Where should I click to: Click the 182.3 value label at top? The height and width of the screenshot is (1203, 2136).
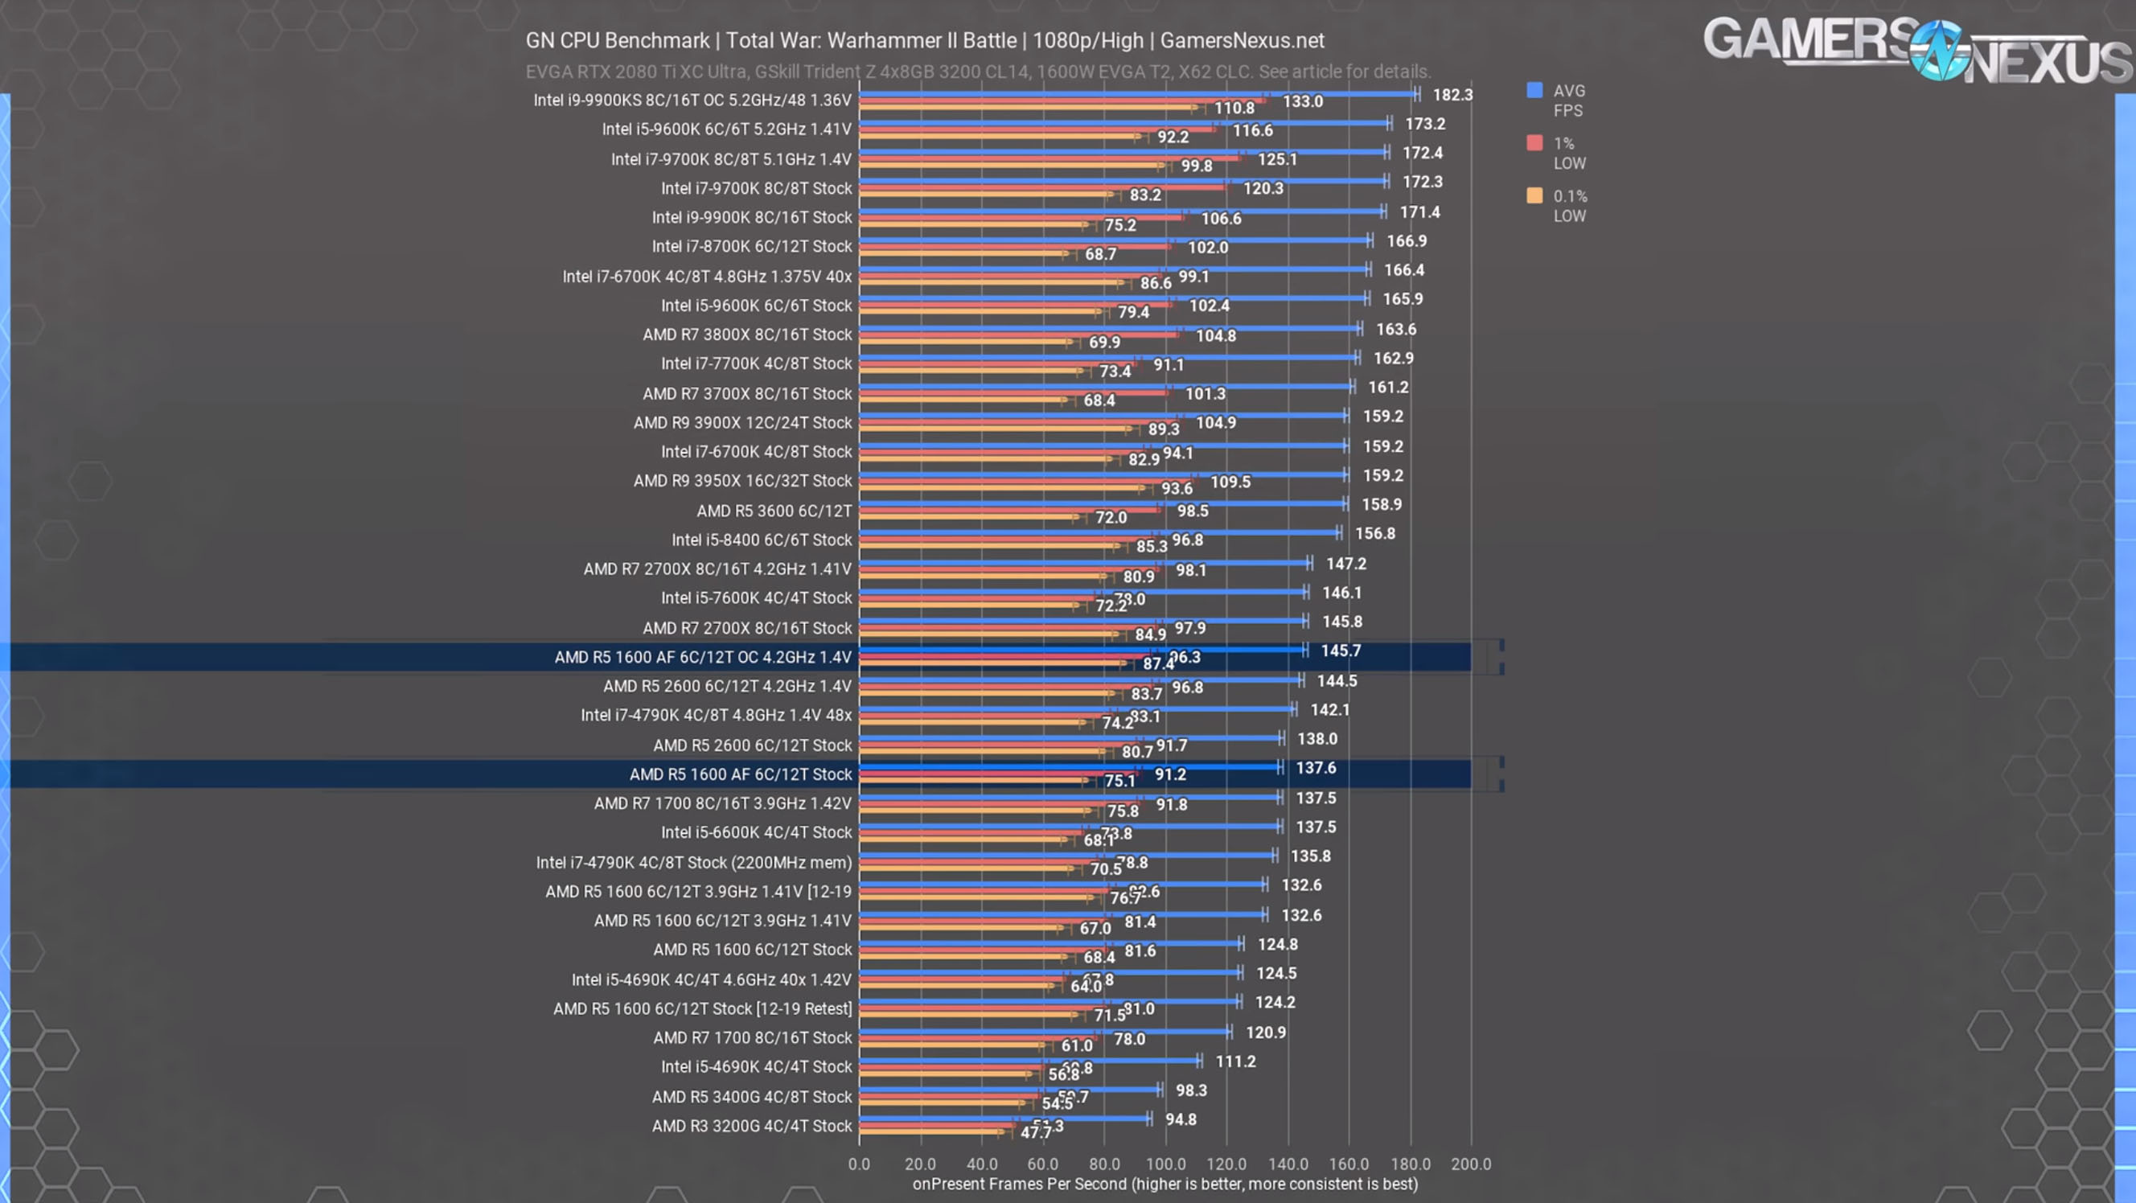click(x=1452, y=95)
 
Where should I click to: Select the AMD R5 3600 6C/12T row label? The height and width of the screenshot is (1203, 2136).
click(x=774, y=511)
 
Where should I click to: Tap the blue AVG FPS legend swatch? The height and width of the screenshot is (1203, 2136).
click(x=1534, y=90)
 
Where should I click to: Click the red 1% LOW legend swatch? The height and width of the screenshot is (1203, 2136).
click(x=1534, y=142)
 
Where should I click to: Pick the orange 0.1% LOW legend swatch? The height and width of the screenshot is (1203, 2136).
click(x=1534, y=195)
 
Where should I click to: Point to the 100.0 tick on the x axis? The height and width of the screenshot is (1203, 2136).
click(x=1165, y=1164)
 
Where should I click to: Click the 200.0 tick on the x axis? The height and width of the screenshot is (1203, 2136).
click(x=1470, y=1164)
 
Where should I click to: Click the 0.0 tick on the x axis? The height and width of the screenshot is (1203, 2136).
click(x=859, y=1164)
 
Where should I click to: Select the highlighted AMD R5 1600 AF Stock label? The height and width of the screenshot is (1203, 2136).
click(x=741, y=774)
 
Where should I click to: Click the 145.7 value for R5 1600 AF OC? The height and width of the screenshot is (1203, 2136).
click(x=1340, y=651)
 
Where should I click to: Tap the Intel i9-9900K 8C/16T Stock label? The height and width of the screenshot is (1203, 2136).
click(x=751, y=217)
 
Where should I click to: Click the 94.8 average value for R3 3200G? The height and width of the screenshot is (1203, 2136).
click(x=1181, y=1119)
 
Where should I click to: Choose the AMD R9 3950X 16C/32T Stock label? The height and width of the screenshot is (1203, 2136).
click(x=742, y=481)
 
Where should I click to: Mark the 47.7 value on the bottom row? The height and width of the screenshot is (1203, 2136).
click(x=1035, y=1132)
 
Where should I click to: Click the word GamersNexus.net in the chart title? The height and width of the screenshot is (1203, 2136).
click(x=1241, y=41)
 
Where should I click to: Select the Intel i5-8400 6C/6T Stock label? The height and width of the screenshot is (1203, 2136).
click(x=762, y=540)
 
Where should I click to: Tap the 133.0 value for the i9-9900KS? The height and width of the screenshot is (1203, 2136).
click(x=1302, y=101)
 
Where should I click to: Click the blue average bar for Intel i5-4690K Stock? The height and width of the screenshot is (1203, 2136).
click(x=1029, y=1061)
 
